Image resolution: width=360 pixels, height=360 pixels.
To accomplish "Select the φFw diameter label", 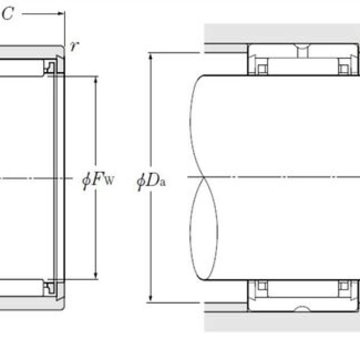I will [x=95, y=179].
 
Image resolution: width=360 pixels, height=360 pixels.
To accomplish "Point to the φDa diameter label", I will [x=151, y=179].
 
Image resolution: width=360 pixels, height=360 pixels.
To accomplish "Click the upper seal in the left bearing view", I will [x=50, y=67].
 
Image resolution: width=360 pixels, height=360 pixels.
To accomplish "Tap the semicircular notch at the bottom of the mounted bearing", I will [x=304, y=310].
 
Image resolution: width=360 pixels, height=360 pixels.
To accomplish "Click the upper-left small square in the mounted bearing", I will [x=262, y=68].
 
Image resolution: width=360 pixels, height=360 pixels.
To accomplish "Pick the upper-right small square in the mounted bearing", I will [x=343, y=68].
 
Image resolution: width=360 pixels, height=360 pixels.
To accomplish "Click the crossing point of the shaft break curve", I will [x=204, y=178].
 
